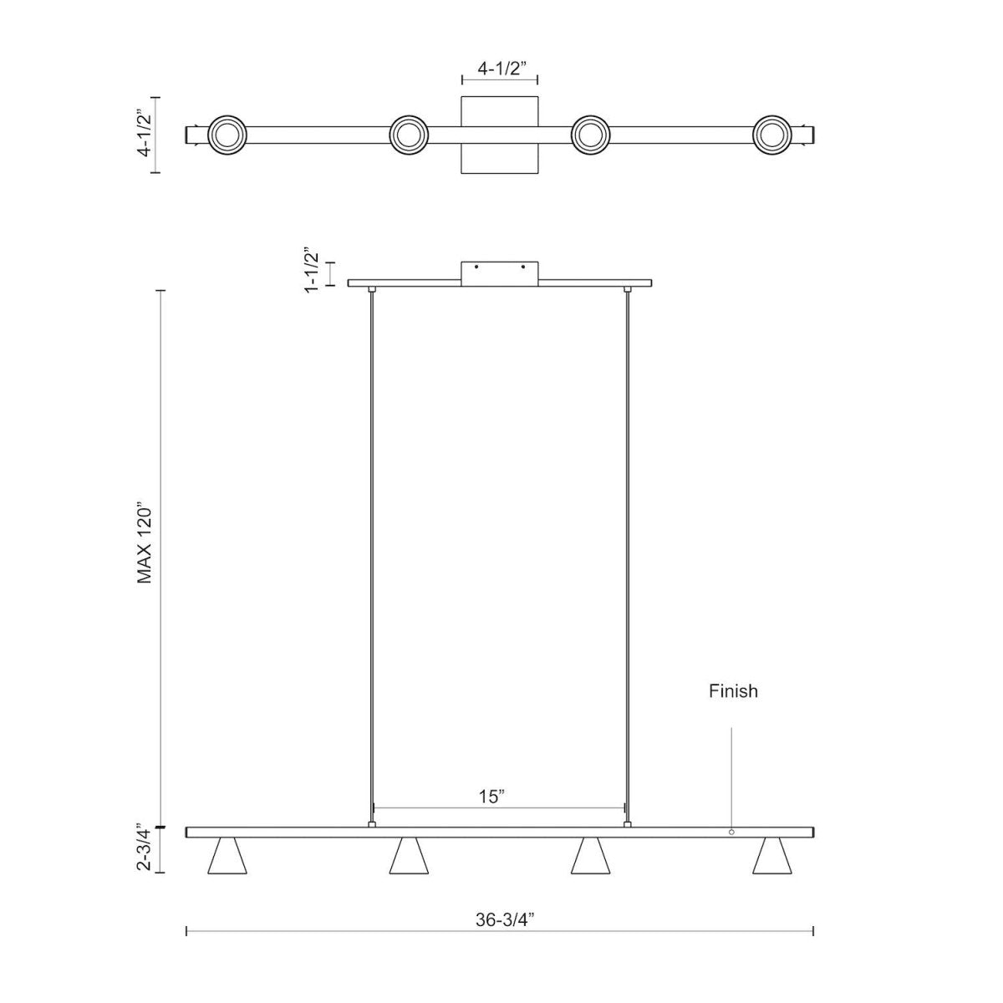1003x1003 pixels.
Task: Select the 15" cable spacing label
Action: tap(493, 797)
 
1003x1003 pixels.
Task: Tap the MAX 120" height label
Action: tap(145, 544)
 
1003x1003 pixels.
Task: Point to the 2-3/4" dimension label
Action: tap(145, 849)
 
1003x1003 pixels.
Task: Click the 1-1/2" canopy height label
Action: tap(313, 270)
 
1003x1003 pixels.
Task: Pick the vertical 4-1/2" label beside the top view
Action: tap(145, 135)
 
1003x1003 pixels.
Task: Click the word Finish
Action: tap(733, 691)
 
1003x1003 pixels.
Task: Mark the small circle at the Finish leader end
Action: tap(731, 832)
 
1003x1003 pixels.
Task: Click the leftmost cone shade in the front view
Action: tap(227, 857)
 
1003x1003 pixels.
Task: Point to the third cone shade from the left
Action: tap(589, 857)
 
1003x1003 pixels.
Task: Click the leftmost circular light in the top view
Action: tap(227, 135)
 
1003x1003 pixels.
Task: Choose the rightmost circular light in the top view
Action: tap(771, 135)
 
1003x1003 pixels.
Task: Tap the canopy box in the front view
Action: tap(499, 273)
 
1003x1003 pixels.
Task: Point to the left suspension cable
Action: tap(372, 552)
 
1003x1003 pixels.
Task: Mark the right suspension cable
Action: tap(627, 552)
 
